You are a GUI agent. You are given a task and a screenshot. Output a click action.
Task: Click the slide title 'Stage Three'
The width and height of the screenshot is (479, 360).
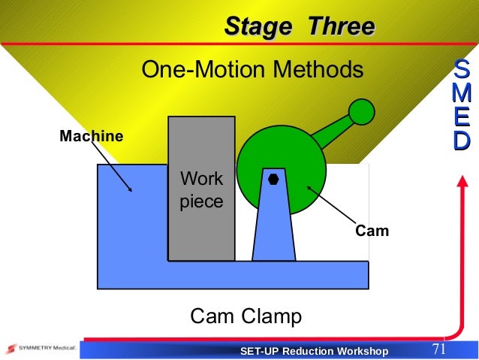(299, 26)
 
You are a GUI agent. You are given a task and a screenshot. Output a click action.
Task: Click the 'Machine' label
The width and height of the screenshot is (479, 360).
(92, 136)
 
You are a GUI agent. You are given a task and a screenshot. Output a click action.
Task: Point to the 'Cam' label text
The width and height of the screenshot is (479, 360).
(372, 231)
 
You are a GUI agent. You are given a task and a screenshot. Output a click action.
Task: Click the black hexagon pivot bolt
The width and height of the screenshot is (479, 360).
(273, 179)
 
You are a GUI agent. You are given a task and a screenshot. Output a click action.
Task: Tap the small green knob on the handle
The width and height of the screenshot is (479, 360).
(362, 112)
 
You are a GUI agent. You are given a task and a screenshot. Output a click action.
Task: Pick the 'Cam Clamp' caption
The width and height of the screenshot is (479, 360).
(246, 316)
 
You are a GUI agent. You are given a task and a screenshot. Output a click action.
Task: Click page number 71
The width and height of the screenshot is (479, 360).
(439, 349)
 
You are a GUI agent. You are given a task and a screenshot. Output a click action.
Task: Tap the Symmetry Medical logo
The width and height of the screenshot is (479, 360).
(38, 349)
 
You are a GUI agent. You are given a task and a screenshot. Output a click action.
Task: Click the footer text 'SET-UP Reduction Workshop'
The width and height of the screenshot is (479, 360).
(314, 352)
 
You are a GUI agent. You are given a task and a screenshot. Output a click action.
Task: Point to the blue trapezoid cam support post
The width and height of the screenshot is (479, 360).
(273, 225)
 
